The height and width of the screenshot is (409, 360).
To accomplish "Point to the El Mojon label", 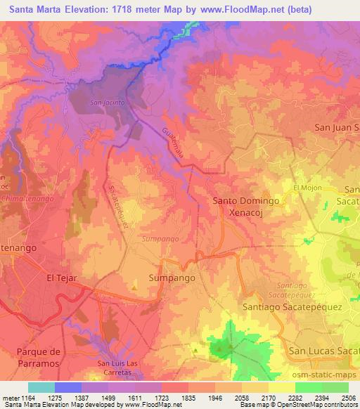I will pos(307,188).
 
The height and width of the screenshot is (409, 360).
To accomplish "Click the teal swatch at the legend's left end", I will pos(41,387).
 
